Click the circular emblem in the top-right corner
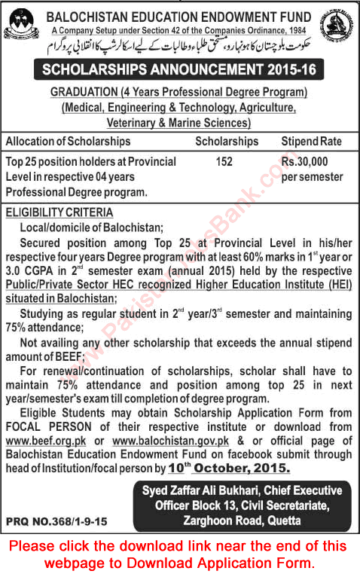[337, 23]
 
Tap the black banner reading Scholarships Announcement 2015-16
[180, 70]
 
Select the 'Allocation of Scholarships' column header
[68, 142]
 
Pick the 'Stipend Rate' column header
[311, 142]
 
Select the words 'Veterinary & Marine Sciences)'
[180, 122]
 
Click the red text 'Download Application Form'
[230, 563]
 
